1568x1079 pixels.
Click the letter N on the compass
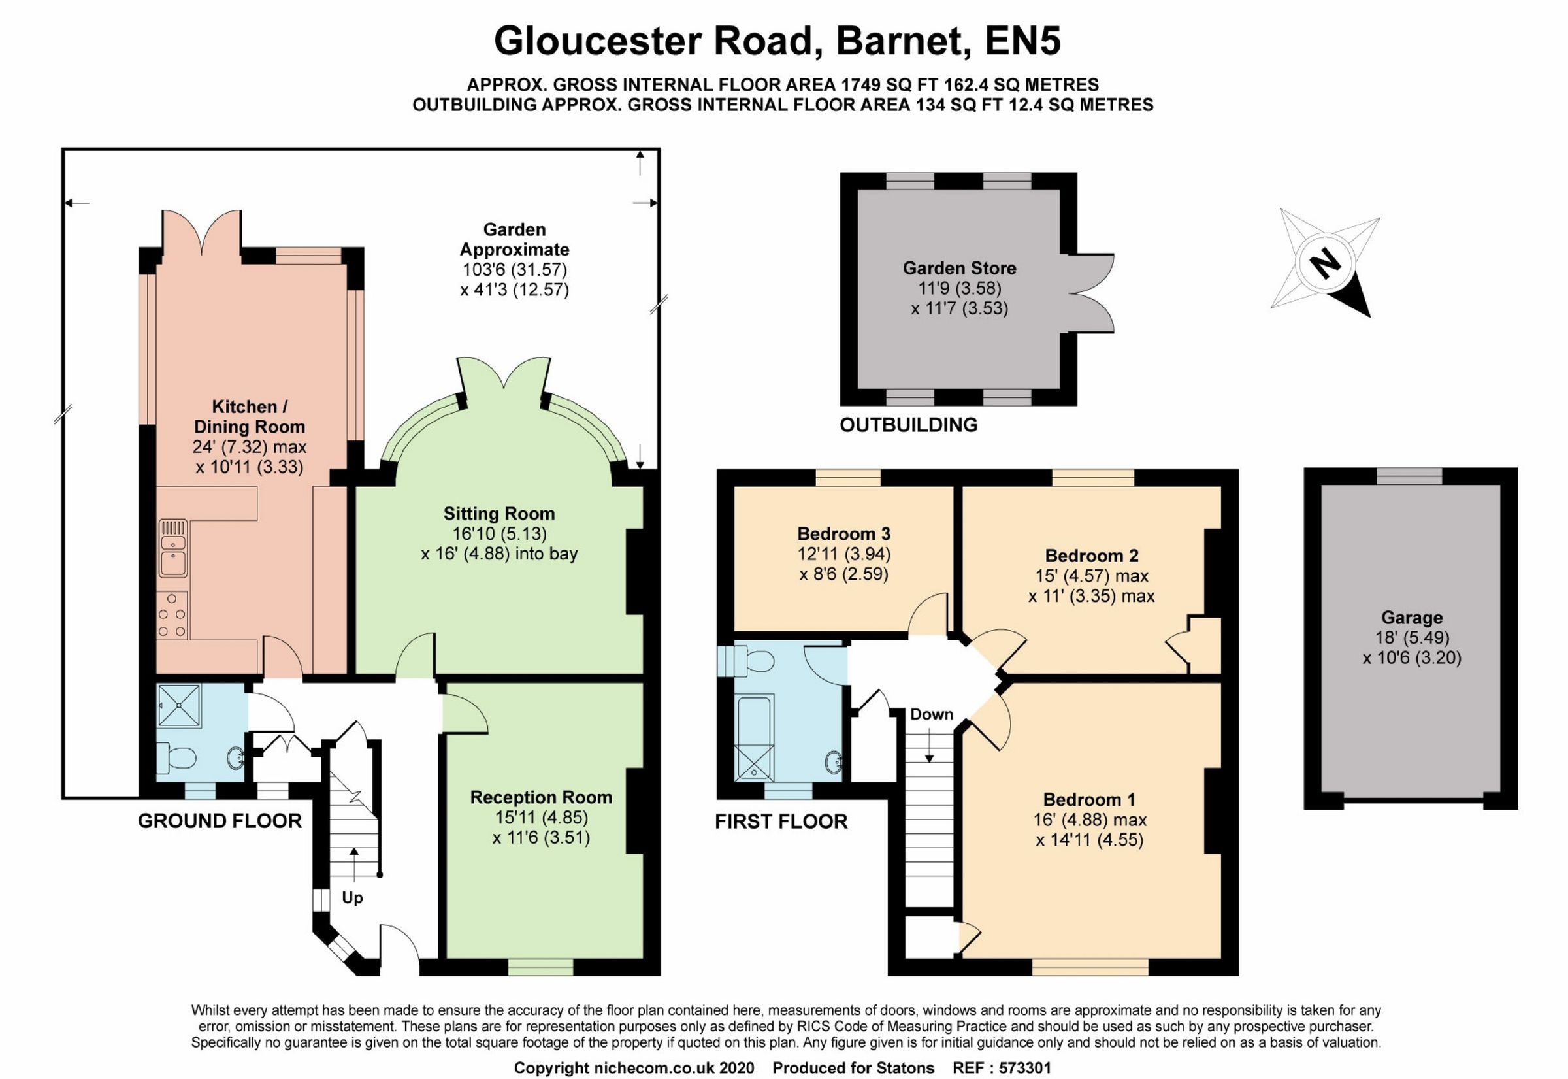(1325, 263)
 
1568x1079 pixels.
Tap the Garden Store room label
(959, 269)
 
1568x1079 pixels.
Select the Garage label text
(1411, 617)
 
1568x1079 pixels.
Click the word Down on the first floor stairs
(932, 714)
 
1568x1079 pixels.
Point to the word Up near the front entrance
(352, 898)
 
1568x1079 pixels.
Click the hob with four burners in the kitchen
(172, 615)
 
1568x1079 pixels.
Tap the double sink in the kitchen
(173, 548)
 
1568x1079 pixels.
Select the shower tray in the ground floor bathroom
(179, 706)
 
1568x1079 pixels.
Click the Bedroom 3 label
(843, 533)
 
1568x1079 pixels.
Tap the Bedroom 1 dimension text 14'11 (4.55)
(1089, 840)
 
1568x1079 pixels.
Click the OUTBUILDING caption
(908, 425)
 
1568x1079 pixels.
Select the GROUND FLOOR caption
(220, 821)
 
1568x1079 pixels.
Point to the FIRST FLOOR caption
(781, 822)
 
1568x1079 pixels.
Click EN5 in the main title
(1022, 41)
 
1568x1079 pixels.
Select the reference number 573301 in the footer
(1024, 1068)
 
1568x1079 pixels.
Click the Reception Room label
(541, 798)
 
